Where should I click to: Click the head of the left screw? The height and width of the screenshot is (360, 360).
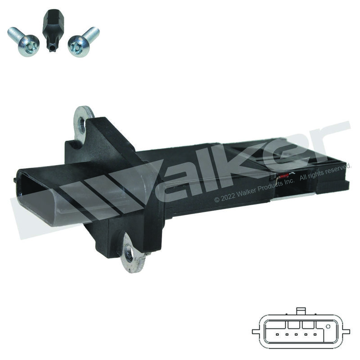point(29,46)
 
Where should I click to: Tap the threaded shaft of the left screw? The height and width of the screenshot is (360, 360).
point(15,33)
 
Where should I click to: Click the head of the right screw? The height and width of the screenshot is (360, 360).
point(78,46)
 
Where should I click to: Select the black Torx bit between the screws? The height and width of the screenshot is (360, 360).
point(53,30)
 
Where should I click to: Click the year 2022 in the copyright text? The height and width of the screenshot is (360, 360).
point(228,196)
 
